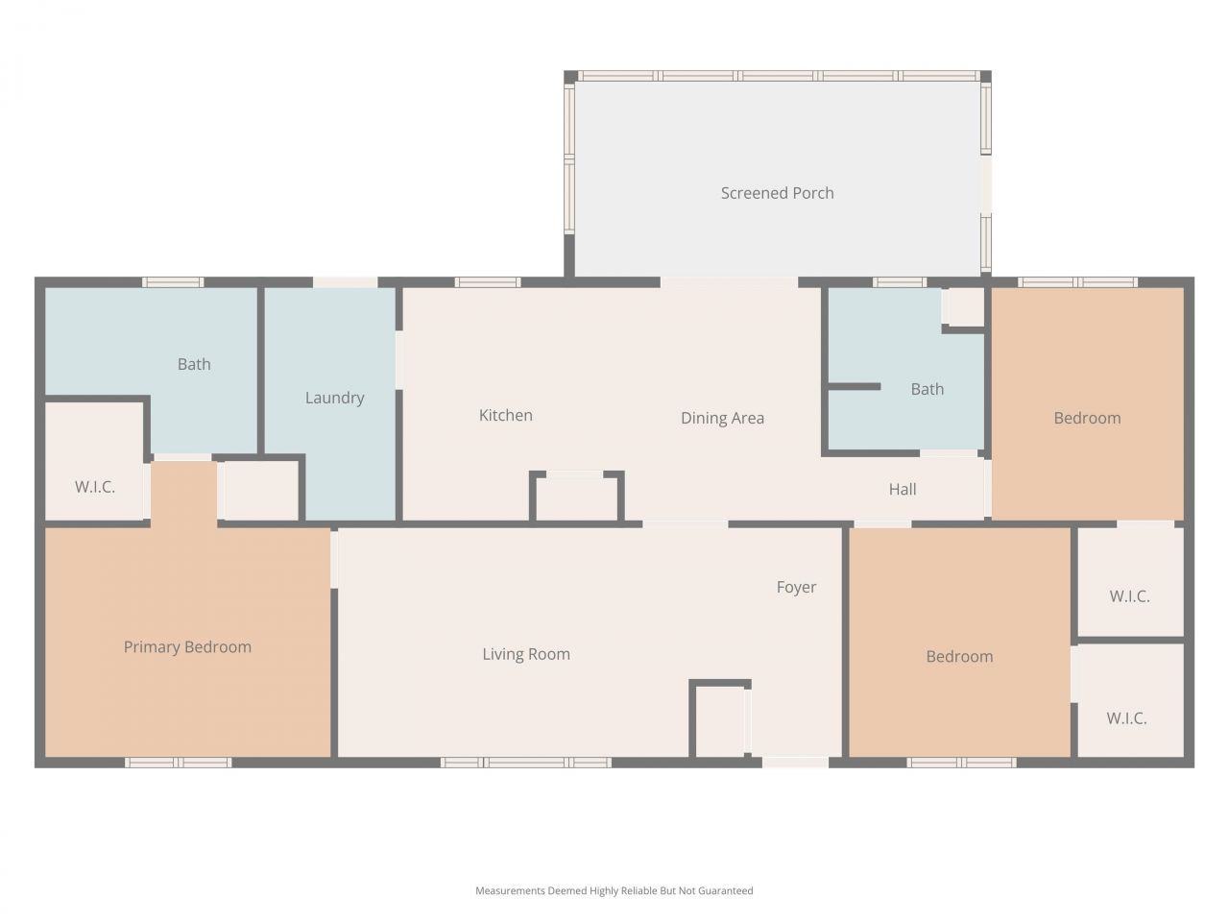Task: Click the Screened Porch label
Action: pyautogui.click(x=777, y=193)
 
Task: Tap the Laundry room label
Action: pyautogui.click(x=334, y=398)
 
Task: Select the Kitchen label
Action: pyautogui.click(x=505, y=415)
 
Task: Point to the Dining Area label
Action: pyautogui.click(x=722, y=418)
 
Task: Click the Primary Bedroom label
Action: pyautogui.click(x=187, y=647)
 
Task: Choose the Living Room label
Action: pyautogui.click(x=526, y=654)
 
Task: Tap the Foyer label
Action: pyautogui.click(x=796, y=587)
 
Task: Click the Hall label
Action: pyautogui.click(x=902, y=489)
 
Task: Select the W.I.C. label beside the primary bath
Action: pyautogui.click(x=95, y=487)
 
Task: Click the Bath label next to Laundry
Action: pyautogui.click(x=194, y=364)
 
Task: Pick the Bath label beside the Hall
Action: pyautogui.click(x=927, y=389)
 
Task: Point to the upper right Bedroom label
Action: pyautogui.click(x=1087, y=418)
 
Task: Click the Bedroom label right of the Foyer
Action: pyautogui.click(x=959, y=657)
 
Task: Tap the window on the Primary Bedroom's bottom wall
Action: pyautogui.click(x=178, y=763)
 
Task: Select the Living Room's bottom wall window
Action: pyautogui.click(x=525, y=763)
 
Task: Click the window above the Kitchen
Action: pyautogui.click(x=488, y=282)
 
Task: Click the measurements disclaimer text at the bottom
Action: pyautogui.click(x=614, y=891)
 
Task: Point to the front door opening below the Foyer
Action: pyautogui.click(x=795, y=763)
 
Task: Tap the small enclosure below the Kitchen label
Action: pyautogui.click(x=576, y=497)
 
